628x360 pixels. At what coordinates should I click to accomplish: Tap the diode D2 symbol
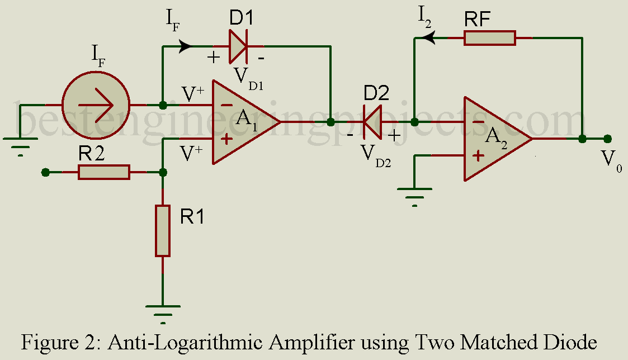coord(371,122)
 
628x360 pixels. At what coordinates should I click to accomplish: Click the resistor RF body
coord(490,38)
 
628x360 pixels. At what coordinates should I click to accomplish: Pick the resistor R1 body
coord(163,230)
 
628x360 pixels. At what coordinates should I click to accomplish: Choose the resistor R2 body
coord(103,172)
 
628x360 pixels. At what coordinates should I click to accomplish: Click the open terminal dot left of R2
coord(46,172)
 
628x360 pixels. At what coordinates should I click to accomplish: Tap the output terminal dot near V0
coord(608,139)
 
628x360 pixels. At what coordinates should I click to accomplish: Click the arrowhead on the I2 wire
coord(429,38)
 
